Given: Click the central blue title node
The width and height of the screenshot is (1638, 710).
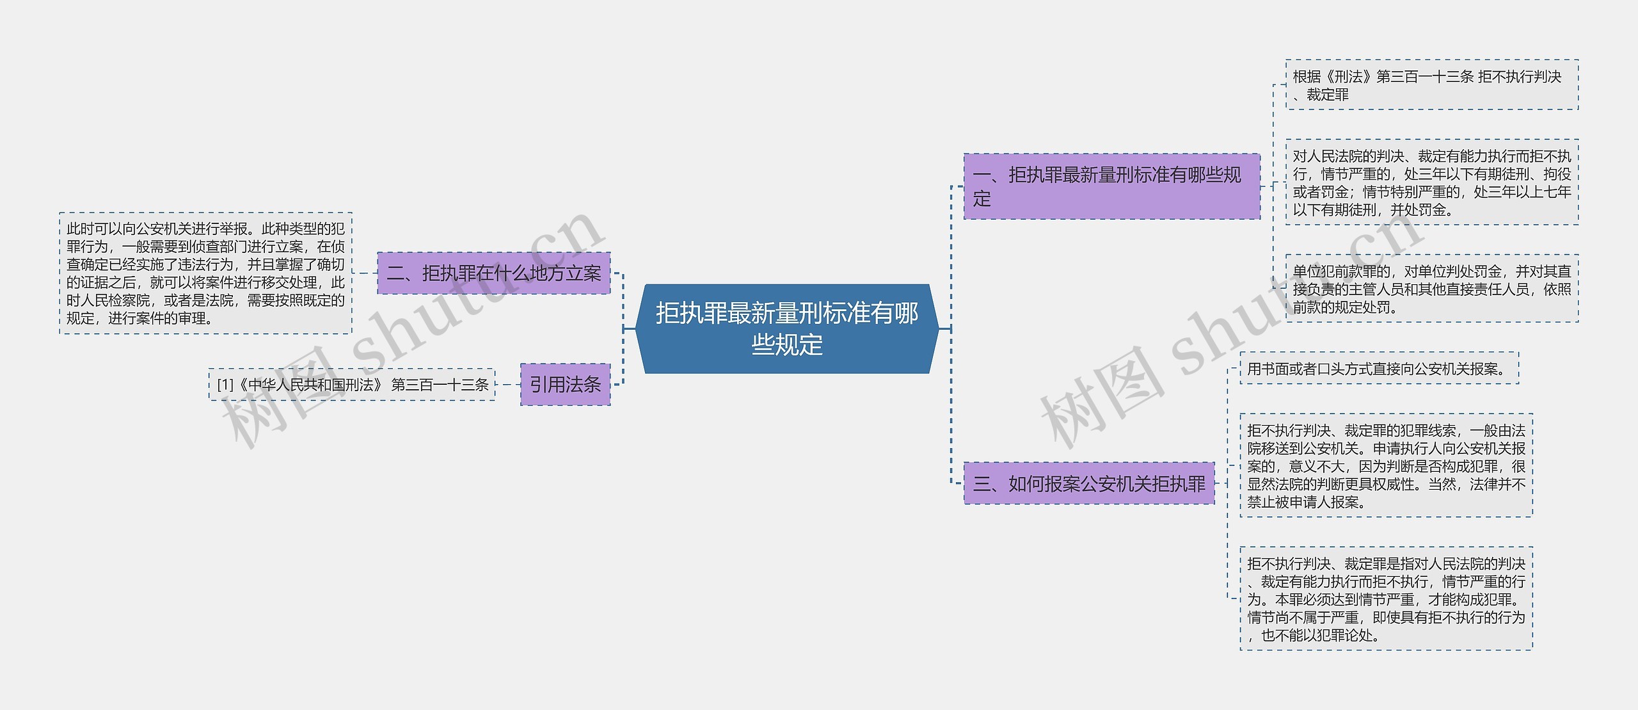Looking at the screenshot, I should tap(786, 328).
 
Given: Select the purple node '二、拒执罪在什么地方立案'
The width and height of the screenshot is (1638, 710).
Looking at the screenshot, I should tap(493, 273).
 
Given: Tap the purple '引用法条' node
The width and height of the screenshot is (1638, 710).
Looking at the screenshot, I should tap(565, 384).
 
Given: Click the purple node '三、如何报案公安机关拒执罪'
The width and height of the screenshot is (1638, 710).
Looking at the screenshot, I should tap(1088, 483).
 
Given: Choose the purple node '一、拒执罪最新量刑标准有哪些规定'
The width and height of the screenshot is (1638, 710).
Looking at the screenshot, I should tap(1111, 186).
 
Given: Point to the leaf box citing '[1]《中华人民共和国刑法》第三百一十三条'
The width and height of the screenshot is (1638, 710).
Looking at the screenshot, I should tap(352, 385).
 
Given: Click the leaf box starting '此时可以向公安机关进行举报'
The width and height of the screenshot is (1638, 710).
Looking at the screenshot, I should tap(205, 273).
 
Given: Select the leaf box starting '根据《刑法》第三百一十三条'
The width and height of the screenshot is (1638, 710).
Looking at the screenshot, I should tap(1431, 85).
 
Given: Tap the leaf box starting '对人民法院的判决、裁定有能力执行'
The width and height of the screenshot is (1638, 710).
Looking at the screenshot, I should tap(1431, 182).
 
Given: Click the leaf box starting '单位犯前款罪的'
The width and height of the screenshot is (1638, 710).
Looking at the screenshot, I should tap(1431, 289).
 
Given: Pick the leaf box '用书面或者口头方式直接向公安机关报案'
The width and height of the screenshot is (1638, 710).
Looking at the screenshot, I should tap(1379, 369).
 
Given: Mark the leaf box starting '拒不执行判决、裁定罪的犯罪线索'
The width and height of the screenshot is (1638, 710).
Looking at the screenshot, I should tap(1386, 465).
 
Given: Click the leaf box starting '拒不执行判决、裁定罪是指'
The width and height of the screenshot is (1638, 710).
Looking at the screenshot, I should tap(1386, 599).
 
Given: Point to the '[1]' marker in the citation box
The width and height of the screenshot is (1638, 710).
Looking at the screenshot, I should tap(225, 385).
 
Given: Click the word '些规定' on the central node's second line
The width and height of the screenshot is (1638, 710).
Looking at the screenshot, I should tap(786, 345).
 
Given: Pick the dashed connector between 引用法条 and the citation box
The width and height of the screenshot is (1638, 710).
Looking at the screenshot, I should tap(508, 385).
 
